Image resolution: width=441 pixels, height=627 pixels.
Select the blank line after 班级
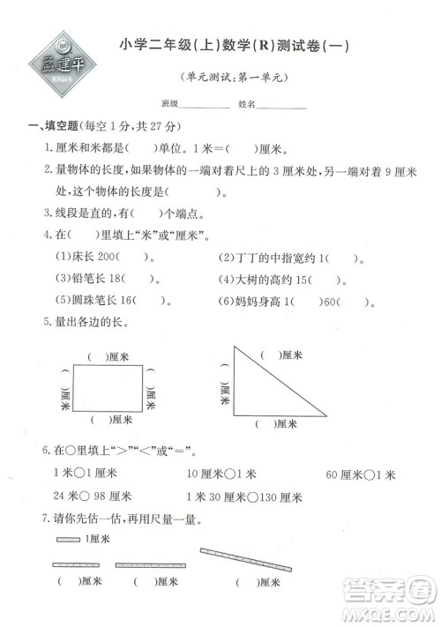point(205,105)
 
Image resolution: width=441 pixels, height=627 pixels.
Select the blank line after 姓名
point(281,105)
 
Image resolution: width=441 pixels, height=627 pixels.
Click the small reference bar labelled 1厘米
point(68,539)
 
